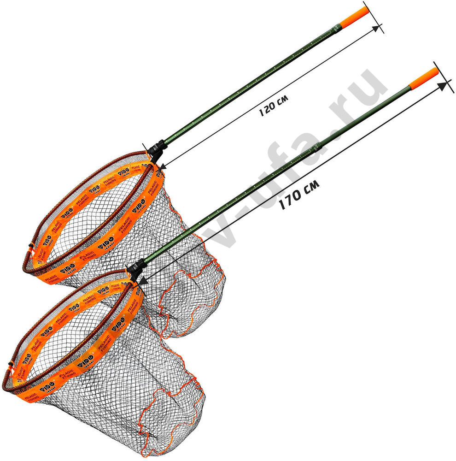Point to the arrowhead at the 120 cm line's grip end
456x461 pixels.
click(x=379, y=29)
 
